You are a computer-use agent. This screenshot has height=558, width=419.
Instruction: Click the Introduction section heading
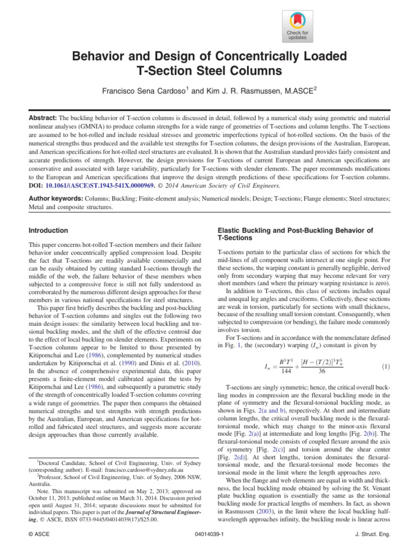49,231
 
